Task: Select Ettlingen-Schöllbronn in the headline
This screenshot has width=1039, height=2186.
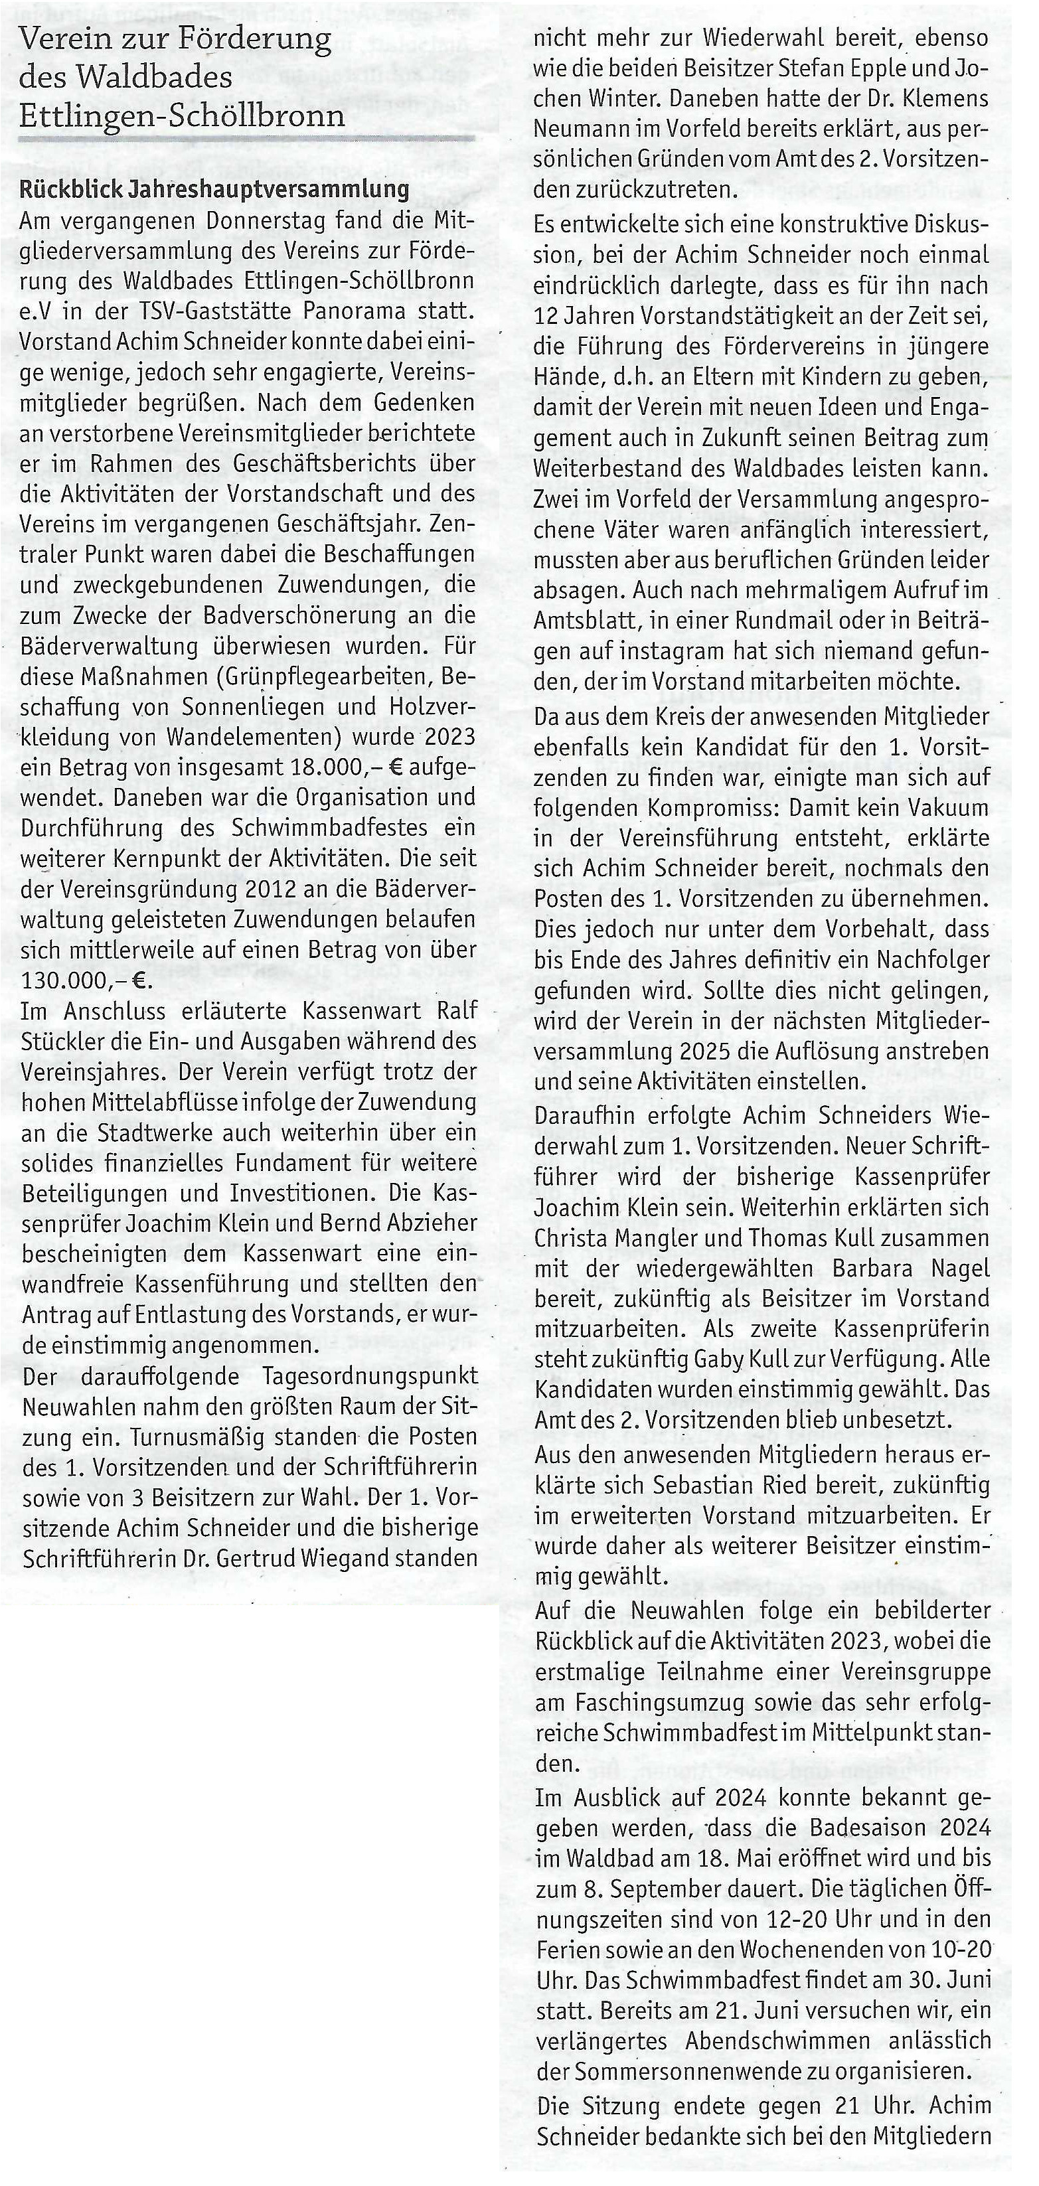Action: [182, 113]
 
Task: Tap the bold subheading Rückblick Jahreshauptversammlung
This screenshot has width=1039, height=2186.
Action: [214, 189]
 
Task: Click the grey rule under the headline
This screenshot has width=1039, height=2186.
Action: [246, 137]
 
